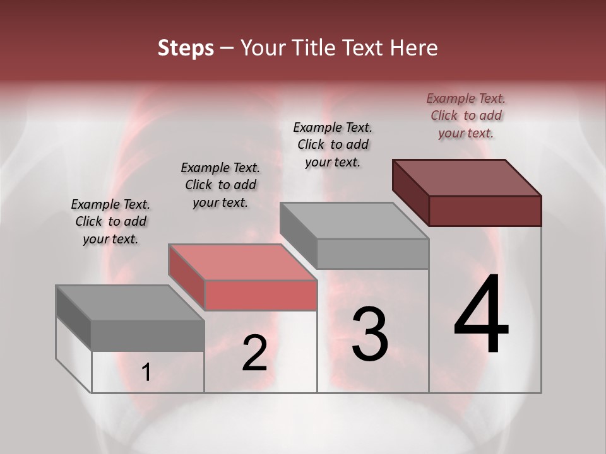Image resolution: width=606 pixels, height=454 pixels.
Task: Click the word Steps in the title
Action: pos(186,49)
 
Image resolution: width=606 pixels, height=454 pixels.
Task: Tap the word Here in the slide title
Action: pos(414,49)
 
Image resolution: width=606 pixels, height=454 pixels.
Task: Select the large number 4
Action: pos(481,315)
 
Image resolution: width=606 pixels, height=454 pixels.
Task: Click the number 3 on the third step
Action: pos(370,334)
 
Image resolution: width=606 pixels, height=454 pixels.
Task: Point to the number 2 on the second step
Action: pos(254,353)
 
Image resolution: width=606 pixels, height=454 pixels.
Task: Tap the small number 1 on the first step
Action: pos(146,373)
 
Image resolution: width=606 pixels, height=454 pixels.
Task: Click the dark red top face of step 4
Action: pos(467,177)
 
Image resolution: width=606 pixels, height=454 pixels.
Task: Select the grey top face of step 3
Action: pos(354,221)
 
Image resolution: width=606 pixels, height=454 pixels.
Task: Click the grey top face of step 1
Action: pos(130,303)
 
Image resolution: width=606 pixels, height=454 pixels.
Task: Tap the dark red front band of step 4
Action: pos(485,211)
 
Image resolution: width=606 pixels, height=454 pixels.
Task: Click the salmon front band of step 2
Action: pos(260,295)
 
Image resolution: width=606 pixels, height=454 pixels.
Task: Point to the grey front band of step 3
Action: pos(372,253)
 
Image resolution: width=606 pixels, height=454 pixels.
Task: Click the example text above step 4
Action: pos(466,115)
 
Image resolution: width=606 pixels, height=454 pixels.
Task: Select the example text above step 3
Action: pos(333,144)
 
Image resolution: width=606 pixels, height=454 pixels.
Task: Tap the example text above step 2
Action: pos(220,185)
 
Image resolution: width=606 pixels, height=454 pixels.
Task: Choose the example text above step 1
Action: pos(110,221)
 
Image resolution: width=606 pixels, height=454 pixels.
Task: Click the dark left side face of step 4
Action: pos(410,192)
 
